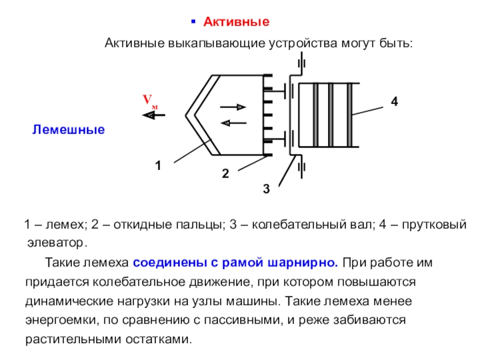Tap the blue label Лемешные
pos(68,129)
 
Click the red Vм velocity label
pos(150,101)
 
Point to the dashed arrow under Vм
pos(154,116)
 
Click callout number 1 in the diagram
pos(158,166)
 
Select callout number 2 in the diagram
pos(225,175)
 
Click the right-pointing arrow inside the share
pos(233,107)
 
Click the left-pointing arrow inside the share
pos(233,123)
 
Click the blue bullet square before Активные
pos(193,22)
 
